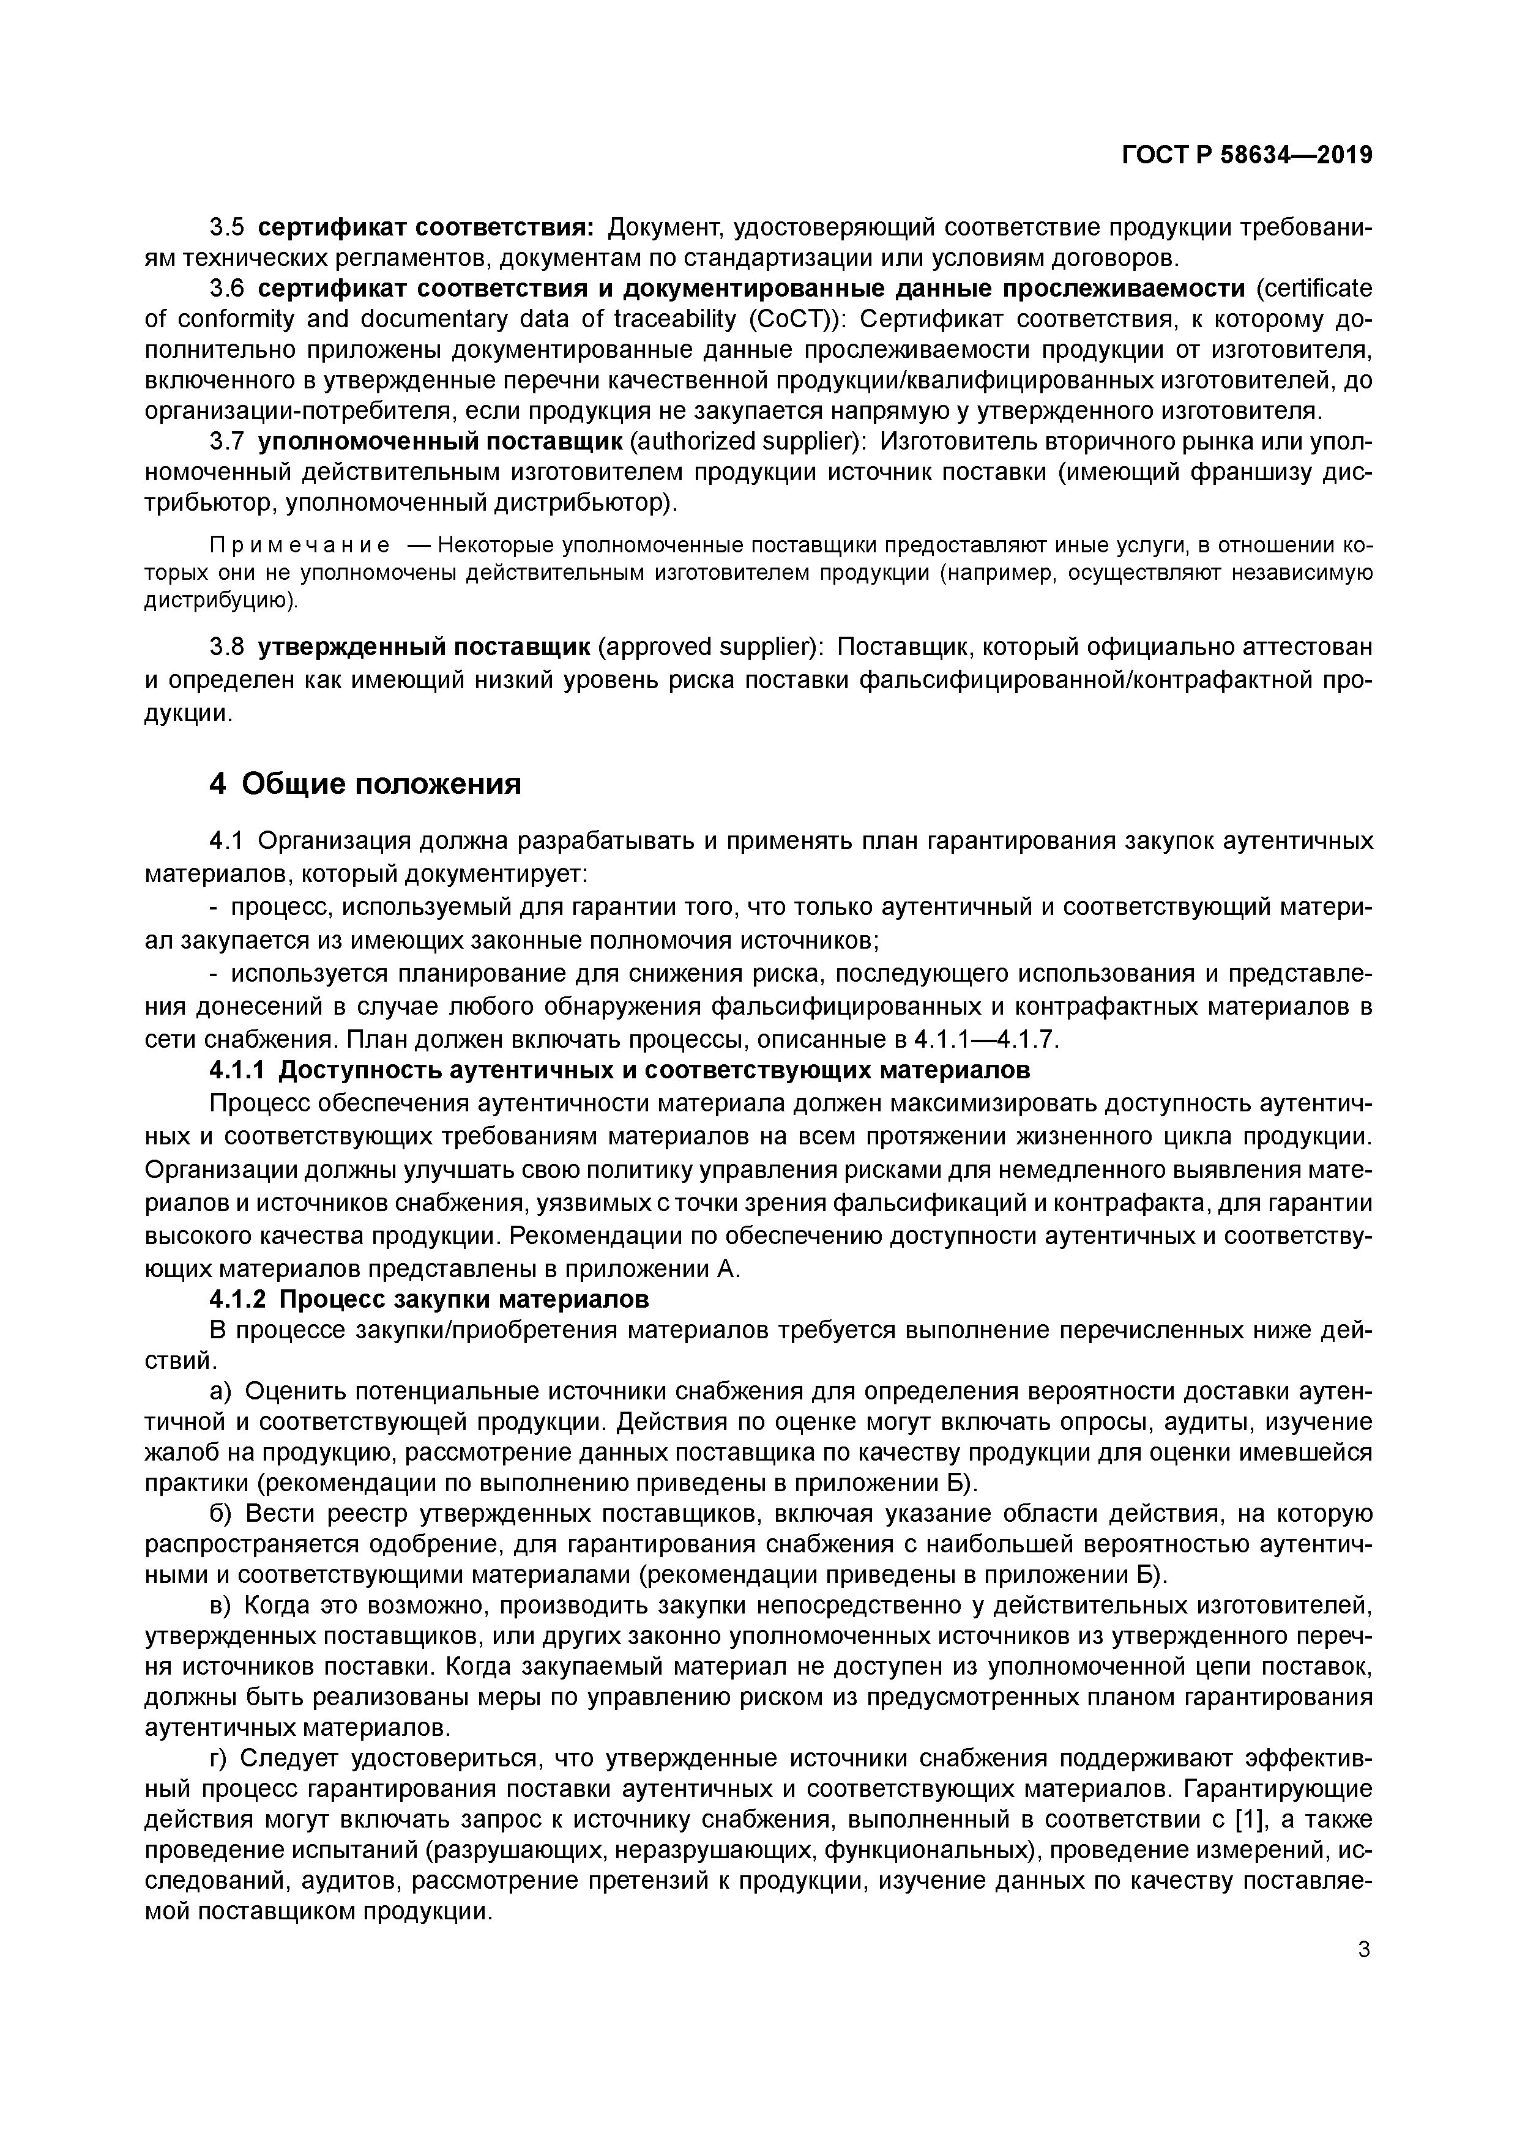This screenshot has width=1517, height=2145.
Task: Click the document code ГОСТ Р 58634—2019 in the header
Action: click(1246, 156)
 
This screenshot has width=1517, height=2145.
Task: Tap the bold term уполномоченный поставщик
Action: click(439, 441)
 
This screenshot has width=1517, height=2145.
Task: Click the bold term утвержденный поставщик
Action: click(423, 646)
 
